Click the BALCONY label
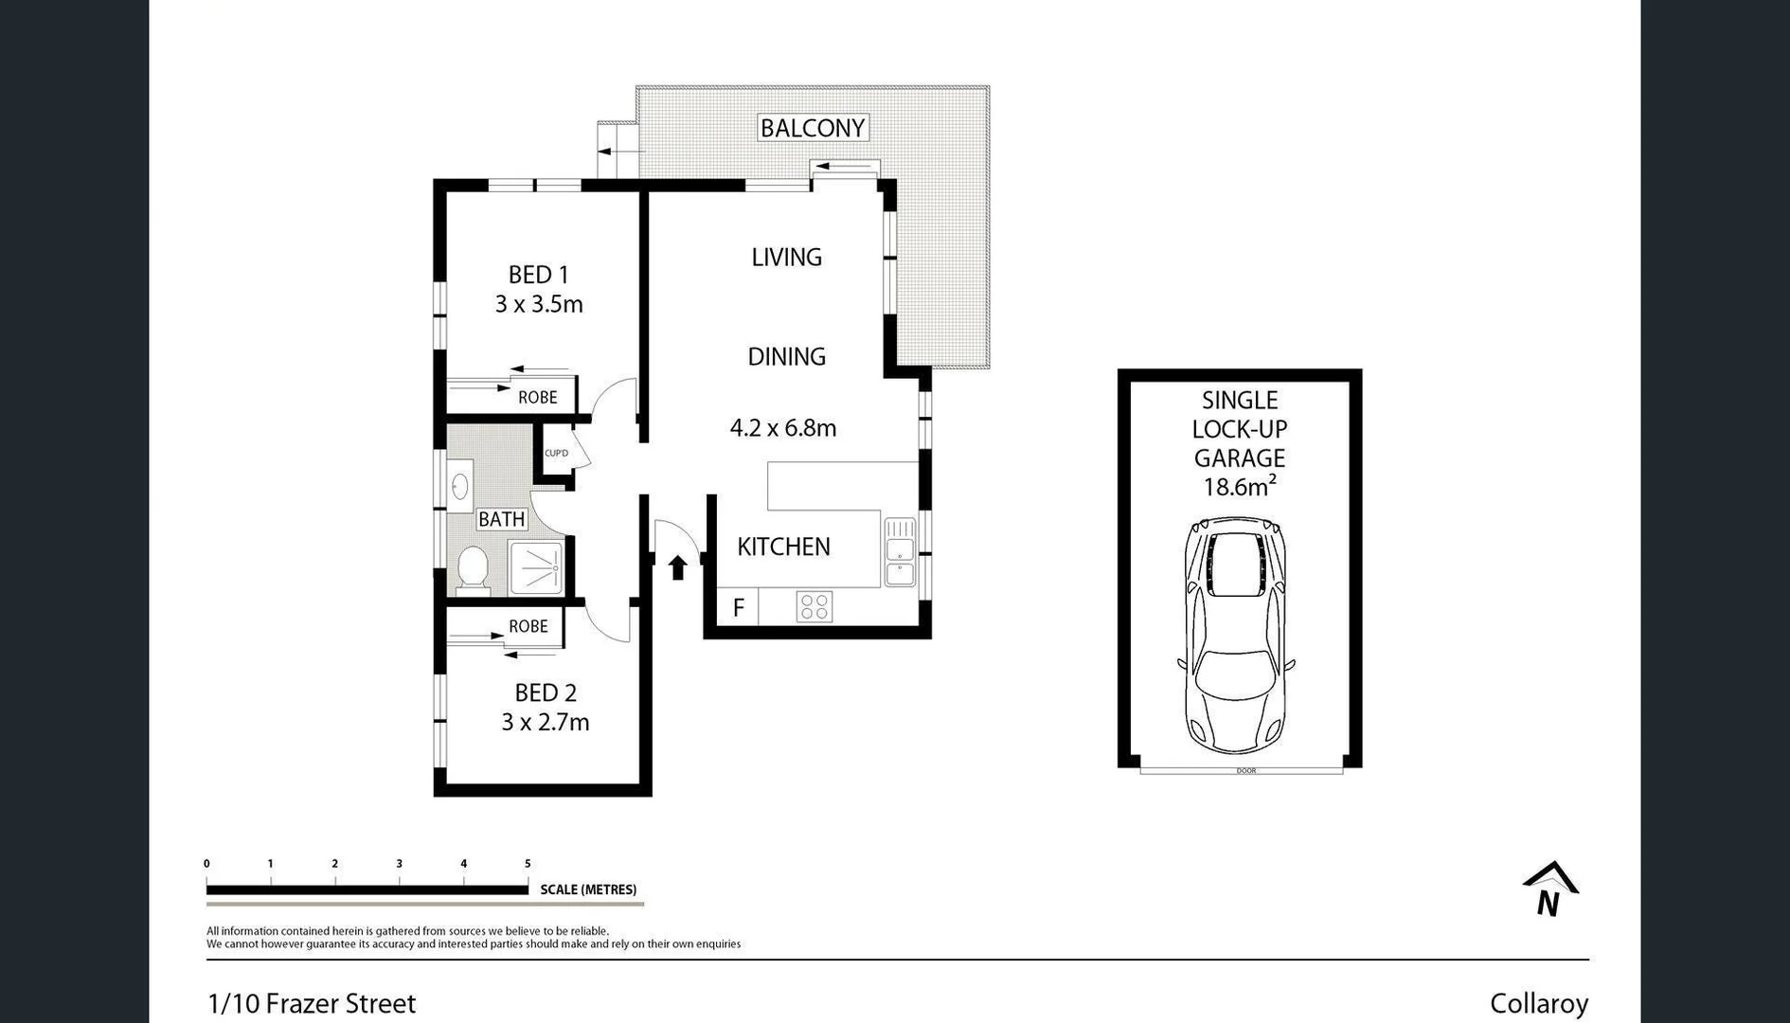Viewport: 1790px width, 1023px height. pos(813,128)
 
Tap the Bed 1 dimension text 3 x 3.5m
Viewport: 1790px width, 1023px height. pos(538,304)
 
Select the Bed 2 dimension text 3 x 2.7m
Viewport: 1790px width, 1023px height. pos(545,722)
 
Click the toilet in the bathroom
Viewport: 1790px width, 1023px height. pos(472,569)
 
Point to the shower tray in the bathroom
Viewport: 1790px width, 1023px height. pos(536,567)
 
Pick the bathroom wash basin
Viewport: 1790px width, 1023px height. pos(459,487)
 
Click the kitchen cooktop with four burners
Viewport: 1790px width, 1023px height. pos(814,607)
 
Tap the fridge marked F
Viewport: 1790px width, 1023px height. pos(739,607)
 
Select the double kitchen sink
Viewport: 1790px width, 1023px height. pos(899,552)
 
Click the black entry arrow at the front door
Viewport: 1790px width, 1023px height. pos(677,567)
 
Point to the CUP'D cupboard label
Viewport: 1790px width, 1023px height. pos(556,453)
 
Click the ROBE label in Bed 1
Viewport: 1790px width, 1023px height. pos(537,398)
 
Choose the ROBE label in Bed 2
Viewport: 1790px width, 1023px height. pos(528,626)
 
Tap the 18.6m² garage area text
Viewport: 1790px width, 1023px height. pos(1239,487)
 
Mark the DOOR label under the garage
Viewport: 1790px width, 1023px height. pos(1245,771)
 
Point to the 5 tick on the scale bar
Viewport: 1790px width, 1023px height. pos(528,864)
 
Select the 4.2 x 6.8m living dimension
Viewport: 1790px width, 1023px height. pos(782,428)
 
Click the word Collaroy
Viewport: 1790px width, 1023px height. pos(1538,1003)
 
